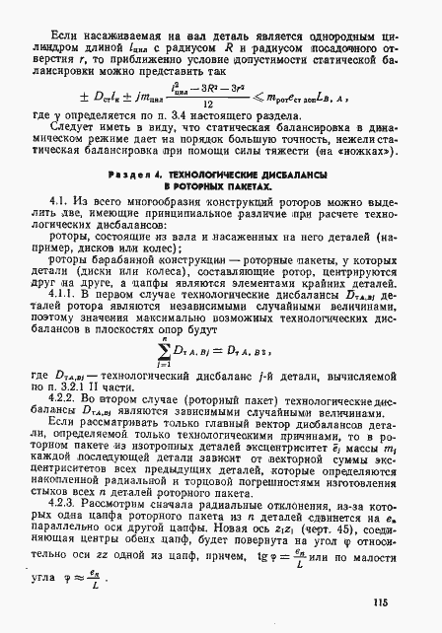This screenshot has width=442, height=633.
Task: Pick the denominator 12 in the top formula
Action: coord(230,103)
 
